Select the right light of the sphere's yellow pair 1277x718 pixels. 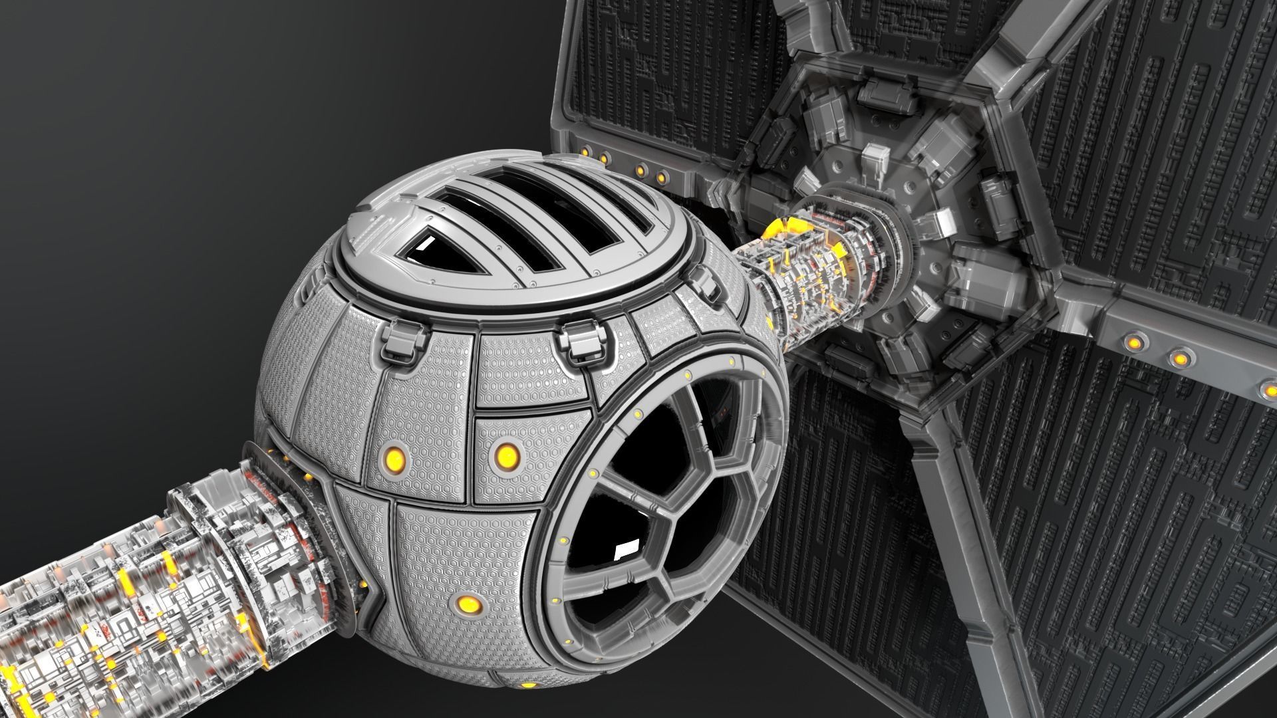(507, 455)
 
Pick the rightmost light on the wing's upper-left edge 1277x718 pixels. (662, 176)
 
